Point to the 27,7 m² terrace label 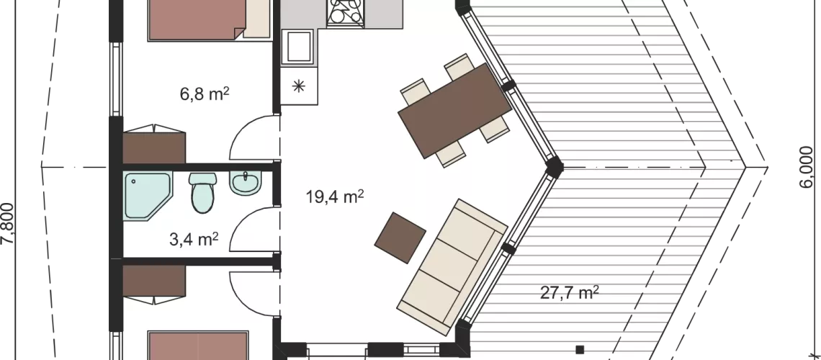point(570,293)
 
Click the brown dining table point(455,111)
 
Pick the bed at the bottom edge point(199,346)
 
